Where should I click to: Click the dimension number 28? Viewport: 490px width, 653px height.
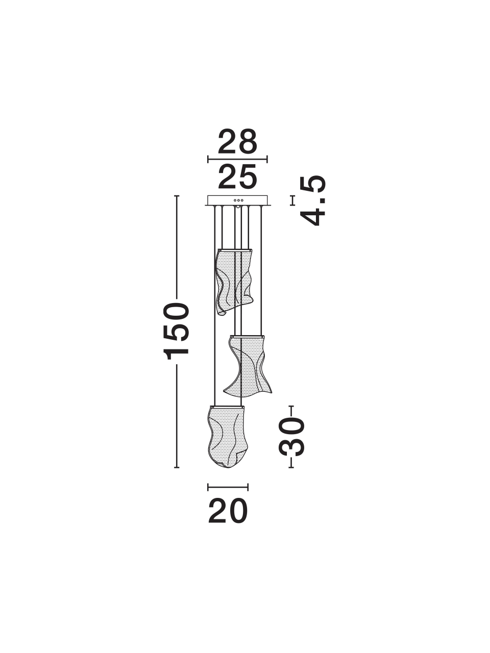coord(237,142)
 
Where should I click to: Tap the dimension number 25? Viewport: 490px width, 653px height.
coord(237,178)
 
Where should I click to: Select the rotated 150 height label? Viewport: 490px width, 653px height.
coord(176,331)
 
